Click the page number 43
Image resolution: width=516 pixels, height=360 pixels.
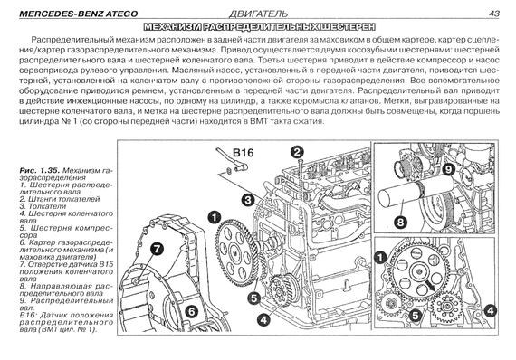point(494,14)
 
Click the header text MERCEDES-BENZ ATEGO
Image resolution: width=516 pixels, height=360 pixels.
point(79,14)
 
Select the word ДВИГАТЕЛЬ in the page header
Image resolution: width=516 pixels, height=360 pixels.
point(258,14)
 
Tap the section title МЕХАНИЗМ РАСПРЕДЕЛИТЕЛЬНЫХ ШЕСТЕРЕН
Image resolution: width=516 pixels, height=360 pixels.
point(259,26)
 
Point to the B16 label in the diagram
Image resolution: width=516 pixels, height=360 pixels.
point(244,153)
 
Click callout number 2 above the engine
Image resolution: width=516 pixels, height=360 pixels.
point(297,152)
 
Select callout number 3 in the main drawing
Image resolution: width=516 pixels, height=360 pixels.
point(247,200)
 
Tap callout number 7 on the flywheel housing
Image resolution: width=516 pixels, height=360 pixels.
point(157,249)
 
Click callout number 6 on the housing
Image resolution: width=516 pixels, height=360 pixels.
point(192,311)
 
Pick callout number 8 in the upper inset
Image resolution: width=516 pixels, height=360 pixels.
point(400,222)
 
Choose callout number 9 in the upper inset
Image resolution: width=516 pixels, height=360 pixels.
point(448,170)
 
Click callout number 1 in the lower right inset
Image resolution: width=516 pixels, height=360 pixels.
point(381,257)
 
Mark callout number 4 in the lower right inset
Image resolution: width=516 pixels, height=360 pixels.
point(490,310)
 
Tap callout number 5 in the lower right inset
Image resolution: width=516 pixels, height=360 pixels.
point(415,316)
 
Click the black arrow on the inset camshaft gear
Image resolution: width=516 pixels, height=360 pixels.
point(429,284)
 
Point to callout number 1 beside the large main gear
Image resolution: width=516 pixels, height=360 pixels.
point(214,217)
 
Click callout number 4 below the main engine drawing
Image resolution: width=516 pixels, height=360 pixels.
point(264,319)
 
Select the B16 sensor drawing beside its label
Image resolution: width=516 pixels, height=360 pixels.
point(231,161)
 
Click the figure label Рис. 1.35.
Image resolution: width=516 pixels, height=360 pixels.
point(40,170)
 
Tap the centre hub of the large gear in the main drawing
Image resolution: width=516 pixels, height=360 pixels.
point(235,253)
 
